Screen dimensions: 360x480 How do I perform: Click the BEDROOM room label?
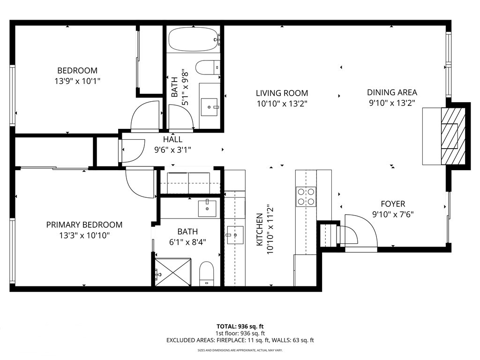77,71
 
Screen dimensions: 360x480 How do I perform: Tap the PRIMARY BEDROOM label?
84,225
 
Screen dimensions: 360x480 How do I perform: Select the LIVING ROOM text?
282,93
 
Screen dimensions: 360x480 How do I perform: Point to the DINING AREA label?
392,92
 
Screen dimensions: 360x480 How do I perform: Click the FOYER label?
393,204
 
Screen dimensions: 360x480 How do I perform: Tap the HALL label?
172,140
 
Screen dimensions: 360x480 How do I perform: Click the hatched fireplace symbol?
453,135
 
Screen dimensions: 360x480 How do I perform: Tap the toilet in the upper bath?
206,68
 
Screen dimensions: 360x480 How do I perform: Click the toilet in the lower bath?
207,274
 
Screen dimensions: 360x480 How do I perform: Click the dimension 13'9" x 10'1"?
77,81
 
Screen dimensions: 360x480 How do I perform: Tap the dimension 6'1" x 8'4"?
187,242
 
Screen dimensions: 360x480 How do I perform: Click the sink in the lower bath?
207,208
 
